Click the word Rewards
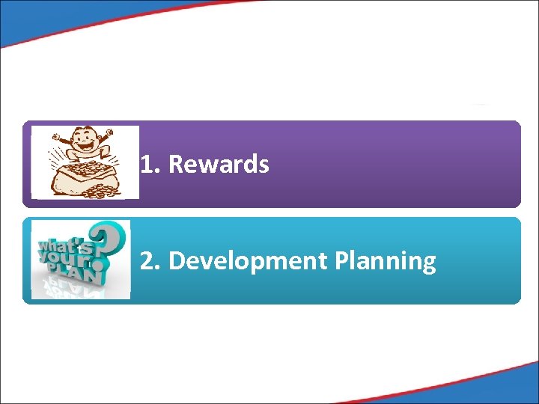pyautogui.click(x=219, y=165)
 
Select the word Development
pyautogui.click(x=249, y=261)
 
